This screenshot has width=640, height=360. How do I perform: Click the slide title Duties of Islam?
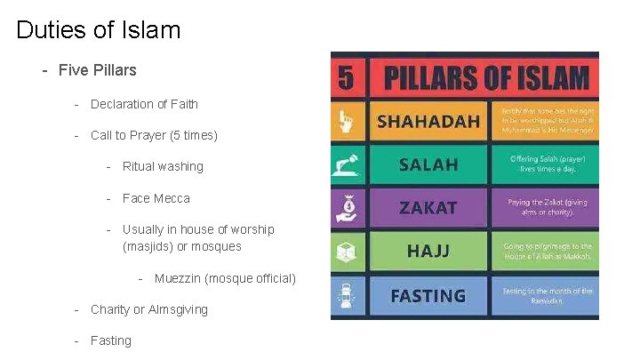[x=99, y=30]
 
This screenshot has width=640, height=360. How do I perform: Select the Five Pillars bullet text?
[x=97, y=69]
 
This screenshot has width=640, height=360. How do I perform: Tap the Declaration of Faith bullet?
[x=144, y=104]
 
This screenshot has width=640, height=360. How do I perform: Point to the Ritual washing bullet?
[x=163, y=166]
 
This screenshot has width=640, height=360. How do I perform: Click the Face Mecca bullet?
[x=156, y=198]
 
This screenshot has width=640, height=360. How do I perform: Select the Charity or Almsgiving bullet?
[x=149, y=309]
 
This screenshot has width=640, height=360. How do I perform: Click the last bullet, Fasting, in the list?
[x=110, y=340]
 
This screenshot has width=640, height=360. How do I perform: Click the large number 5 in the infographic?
[x=346, y=78]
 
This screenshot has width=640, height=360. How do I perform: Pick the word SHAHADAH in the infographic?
[x=428, y=120]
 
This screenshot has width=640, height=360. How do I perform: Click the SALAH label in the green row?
[x=428, y=164]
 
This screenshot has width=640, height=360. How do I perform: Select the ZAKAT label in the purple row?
[x=428, y=208]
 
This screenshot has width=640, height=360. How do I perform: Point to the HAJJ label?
[x=428, y=252]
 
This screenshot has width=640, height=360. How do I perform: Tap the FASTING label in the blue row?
[x=428, y=295]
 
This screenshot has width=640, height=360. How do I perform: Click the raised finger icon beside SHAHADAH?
[x=345, y=121]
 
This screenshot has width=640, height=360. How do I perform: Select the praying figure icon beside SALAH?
[x=345, y=164]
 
